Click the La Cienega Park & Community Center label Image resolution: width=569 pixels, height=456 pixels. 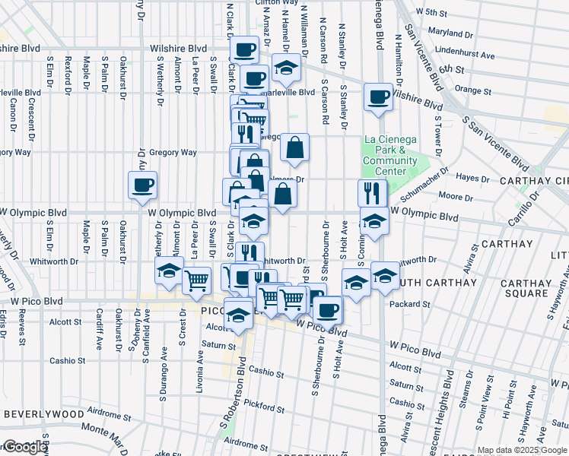point(389,155)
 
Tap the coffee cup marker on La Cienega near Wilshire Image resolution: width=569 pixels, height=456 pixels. point(378,97)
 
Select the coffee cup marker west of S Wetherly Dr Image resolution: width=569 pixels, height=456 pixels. point(142,185)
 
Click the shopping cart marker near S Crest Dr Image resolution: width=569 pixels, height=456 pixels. point(197,280)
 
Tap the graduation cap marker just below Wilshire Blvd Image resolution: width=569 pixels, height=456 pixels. point(286,69)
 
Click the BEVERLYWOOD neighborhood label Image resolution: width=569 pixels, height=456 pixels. point(43,414)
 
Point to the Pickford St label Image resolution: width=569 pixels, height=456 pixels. point(265,408)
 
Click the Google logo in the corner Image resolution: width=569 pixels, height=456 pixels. point(25,448)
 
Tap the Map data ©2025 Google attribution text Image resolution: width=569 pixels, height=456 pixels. point(522,451)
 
